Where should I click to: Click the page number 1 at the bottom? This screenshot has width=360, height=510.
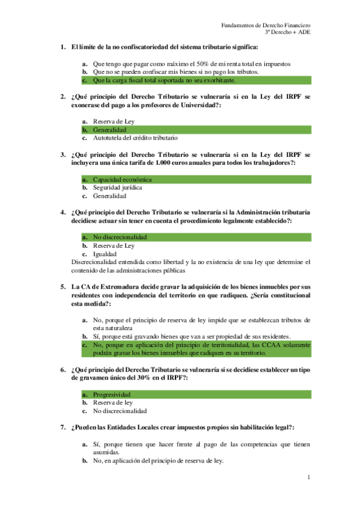click(x=308, y=478)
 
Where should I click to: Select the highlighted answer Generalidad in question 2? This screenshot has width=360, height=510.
click(x=109, y=129)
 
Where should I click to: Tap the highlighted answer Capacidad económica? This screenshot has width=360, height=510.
click(x=122, y=179)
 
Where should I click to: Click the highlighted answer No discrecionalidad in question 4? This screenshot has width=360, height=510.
click(x=120, y=237)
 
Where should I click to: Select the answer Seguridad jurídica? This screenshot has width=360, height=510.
click(x=117, y=188)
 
